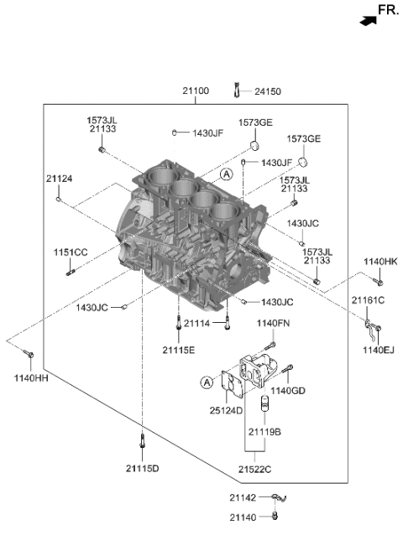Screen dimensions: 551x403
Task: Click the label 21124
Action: click(60, 178)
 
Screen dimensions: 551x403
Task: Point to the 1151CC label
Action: click(71, 252)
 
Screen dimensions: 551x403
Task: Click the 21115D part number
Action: click(143, 467)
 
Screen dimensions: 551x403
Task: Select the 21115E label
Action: click(179, 348)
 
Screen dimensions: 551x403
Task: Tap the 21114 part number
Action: click(197, 323)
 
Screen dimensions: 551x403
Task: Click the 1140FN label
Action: click(273, 323)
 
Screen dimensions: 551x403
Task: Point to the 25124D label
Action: click(226, 410)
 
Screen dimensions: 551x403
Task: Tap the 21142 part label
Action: click(243, 498)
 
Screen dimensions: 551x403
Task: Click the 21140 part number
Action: click(243, 518)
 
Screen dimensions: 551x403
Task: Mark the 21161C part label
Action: click(368, 299)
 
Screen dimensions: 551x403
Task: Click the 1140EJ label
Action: click(378, 348)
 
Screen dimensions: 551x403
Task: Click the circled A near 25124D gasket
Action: click(207, 383)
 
